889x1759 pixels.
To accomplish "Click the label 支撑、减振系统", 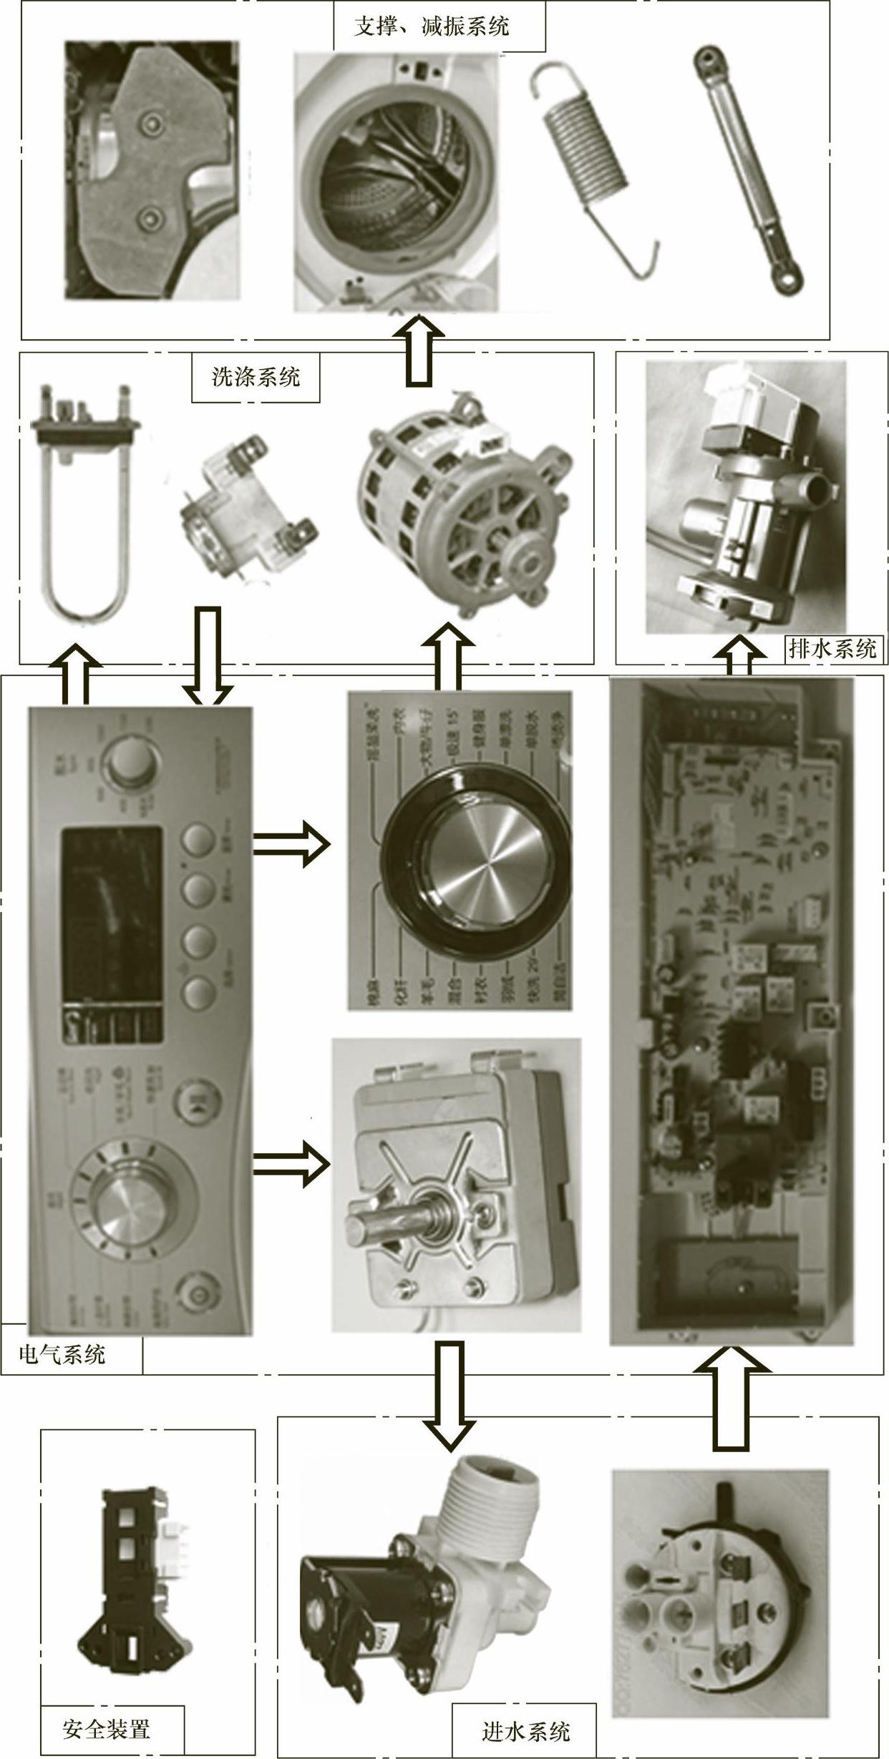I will point(432,26).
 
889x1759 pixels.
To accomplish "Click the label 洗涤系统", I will point(255,376).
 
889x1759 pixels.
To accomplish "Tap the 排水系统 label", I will point(832,649).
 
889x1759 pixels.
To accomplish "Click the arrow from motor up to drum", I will point(419,351).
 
